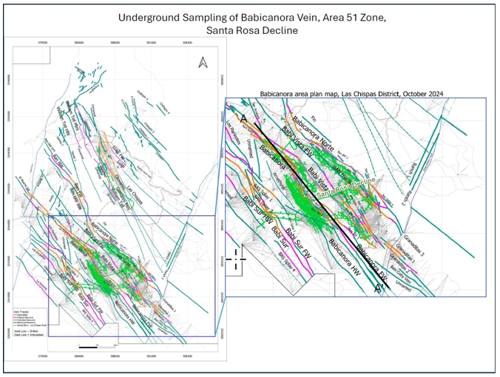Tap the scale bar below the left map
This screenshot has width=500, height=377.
click(x=95, y=346)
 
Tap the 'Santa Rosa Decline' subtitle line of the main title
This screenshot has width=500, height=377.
click(x=249, y=30)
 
